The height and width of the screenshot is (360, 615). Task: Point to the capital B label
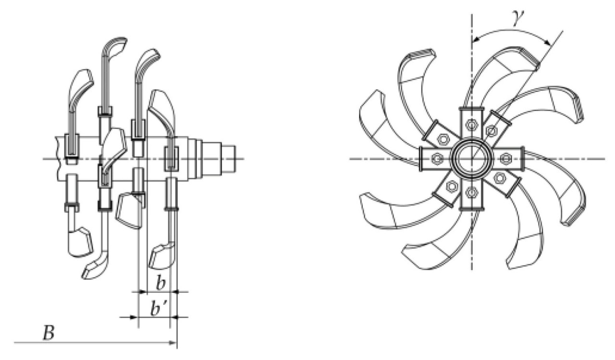coord(48,334)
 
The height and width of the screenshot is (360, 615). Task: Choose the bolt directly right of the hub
coord(506,159)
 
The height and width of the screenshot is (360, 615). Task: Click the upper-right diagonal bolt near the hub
coord(491,130)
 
